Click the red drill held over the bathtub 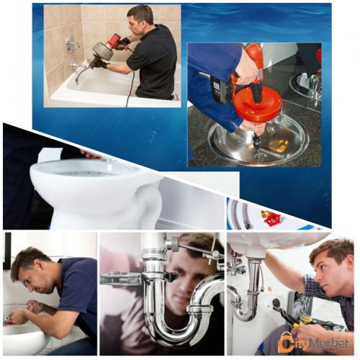(x=114, y=41)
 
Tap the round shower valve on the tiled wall (x=71, y=44)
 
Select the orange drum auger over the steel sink (x=257, y=101)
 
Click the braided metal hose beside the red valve (x=246, y=215)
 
